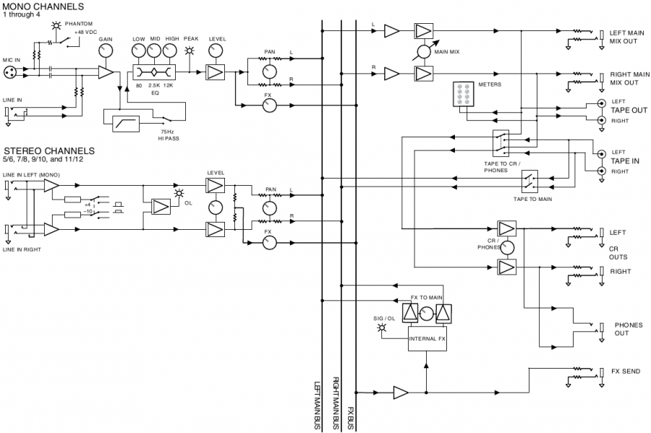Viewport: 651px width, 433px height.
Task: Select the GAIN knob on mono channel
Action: [106, 51]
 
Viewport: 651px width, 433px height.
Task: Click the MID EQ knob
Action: [155, 51]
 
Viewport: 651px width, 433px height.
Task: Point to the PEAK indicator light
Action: [190, 51]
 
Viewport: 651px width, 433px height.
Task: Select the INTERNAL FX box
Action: [428, 338]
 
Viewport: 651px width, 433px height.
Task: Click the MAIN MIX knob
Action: [422, 52]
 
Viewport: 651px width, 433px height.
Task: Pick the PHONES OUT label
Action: [628, 329]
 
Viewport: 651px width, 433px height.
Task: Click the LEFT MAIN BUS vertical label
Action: [318, 406]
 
